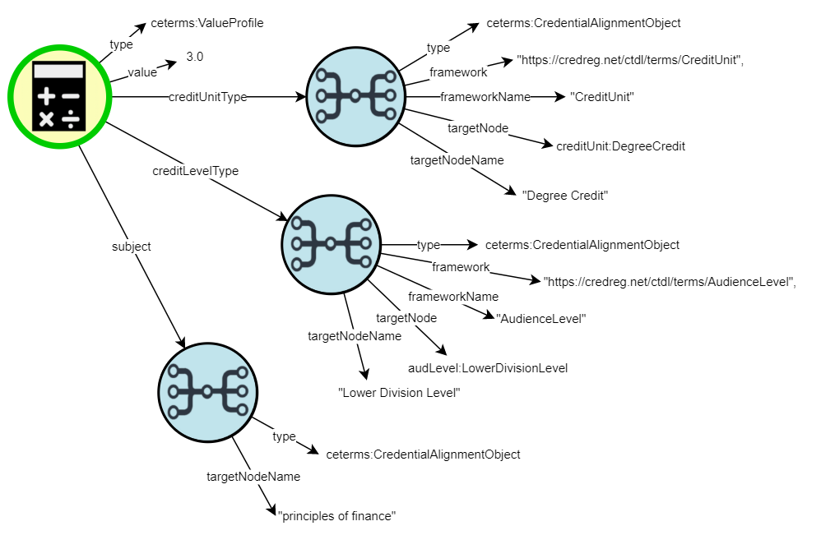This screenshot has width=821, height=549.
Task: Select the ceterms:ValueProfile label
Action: (x=206, y=24)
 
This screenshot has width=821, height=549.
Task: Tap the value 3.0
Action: (x=195, y=57)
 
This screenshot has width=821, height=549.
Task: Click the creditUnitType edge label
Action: (x=207, y=97)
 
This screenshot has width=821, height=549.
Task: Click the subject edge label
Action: (x=132, y=246)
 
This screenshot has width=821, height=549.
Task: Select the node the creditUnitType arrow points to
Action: (x=355, y=96)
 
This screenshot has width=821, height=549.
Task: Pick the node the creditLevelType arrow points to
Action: (x=331, y=244)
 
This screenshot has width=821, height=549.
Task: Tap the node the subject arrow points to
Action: (x=207, y=392)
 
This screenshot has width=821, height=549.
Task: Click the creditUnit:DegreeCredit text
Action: (x=620, y=146)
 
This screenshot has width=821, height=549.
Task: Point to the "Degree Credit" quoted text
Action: (x=564, y=196)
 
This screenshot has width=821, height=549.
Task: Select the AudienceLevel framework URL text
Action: (x=670, y=280)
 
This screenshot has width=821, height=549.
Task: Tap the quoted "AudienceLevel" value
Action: (x=540, y=318)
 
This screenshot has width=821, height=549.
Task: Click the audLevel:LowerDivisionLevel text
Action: (x=488, y=367)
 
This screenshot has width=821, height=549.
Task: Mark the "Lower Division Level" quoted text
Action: (x=399, y=393)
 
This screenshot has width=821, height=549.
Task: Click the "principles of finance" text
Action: (x=337, y=515)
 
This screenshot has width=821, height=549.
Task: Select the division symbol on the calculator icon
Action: (x=71, y=119)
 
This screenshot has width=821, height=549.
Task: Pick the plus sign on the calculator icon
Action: (x=46, y=97)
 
